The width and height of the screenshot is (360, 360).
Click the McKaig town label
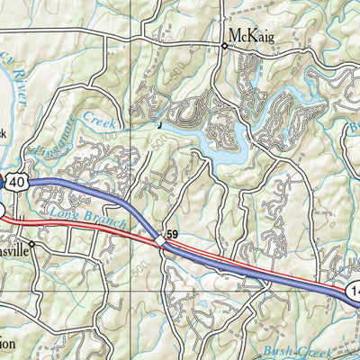point(251,35)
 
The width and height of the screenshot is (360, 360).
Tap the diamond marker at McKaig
point(224,45)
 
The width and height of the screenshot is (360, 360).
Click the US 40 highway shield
point(19,183)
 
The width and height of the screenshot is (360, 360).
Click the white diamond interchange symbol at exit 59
point(160,240)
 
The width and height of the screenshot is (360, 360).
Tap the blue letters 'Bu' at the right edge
point(353,130)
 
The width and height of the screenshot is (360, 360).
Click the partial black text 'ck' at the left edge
point(4,133)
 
